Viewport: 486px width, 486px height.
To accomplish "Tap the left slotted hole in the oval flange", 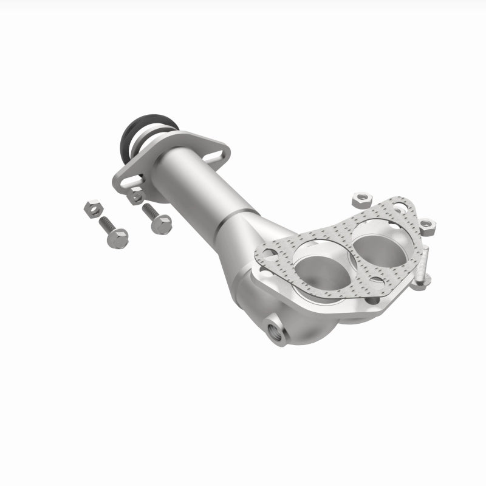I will click(x=128, y=181).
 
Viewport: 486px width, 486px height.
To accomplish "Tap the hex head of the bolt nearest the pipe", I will click(x=162, y=225).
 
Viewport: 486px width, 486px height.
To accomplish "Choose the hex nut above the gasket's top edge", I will click(x=363, y=198).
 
